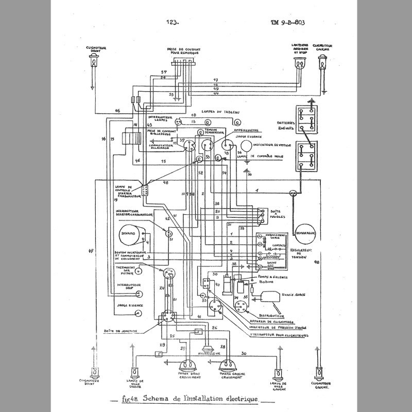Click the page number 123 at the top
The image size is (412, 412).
[x=172, y=22]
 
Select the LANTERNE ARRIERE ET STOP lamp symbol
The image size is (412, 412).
[x=299, y=65]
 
